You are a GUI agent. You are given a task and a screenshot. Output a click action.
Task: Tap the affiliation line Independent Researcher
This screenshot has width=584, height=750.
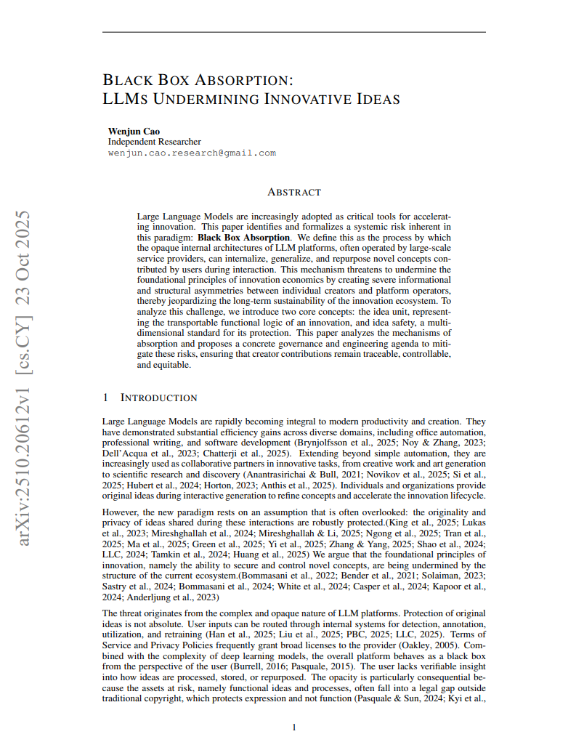coord(154,142)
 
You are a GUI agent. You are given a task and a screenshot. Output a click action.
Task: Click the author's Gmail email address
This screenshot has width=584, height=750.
coord(192,153)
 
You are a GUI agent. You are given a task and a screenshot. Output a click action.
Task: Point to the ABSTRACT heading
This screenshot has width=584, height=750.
coord(293,192)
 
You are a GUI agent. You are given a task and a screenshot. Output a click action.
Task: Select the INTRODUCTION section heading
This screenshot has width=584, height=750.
coord(158,398)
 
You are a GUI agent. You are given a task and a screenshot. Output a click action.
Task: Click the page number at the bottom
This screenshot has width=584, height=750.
coord(293,727)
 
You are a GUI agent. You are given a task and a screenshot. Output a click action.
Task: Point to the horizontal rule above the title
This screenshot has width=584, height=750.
coord(293,32)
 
